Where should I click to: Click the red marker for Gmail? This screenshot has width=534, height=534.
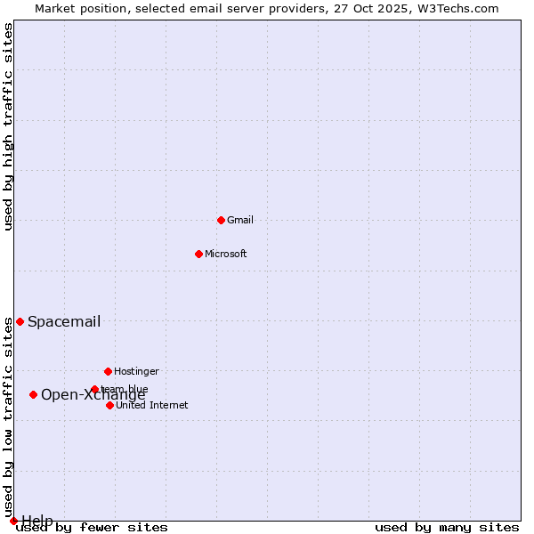click(221, 220)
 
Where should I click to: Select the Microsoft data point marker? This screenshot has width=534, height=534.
click(198, 254)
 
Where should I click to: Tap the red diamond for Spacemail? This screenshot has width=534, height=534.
click(20, 321)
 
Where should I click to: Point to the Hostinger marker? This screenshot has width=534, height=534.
click(108, 371)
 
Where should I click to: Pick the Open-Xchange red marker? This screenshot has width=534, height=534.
click(33, 394)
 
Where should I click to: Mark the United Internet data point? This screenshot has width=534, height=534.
click(109, 405)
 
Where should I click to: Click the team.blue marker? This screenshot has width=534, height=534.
click(94, 389)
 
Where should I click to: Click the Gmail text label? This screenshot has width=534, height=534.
click(240, 220)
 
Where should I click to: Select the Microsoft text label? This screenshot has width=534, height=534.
click(225, 254)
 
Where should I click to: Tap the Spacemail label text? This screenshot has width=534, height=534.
click(64, 322)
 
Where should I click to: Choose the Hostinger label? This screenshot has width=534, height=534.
click(136, 371)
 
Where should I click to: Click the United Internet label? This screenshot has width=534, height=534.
click(151, 405)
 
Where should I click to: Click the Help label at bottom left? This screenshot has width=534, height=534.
click(37, 520)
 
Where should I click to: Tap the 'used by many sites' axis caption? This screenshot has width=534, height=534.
click(447, 528)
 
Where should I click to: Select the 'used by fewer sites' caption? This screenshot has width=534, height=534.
click(92, 528)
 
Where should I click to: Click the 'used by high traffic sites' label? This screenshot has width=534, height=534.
click(8, 126)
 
